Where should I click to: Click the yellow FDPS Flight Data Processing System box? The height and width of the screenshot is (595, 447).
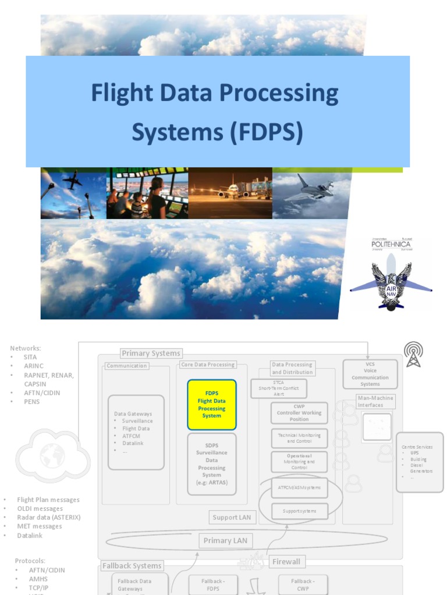coord(212,404)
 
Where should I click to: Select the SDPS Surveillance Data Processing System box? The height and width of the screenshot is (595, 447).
coord(212,464)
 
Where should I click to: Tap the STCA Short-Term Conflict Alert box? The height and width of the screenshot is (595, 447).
coord(279,388)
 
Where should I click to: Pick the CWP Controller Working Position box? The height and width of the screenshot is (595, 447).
coord(299,413)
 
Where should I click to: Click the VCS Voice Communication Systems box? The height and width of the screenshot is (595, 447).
coord(370,374)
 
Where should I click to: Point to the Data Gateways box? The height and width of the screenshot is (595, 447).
coord(136,432)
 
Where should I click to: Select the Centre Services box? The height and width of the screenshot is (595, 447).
coord(419,462)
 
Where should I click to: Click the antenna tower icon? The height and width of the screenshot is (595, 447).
coord(413,354)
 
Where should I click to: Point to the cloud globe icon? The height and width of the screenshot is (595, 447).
coord(52,456)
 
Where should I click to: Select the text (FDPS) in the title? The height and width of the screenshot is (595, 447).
coord(266,132)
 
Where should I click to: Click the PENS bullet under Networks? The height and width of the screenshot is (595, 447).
coord(32,402)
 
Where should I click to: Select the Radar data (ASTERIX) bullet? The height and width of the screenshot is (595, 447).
coord(49,517)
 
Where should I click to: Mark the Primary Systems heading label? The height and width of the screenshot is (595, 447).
coord(151,353)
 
